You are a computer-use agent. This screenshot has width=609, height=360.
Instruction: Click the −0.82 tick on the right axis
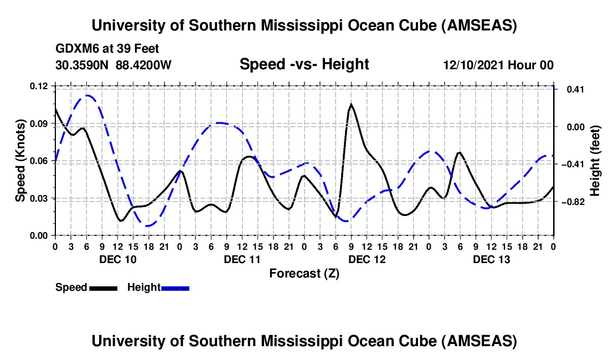click(x=572, y=202)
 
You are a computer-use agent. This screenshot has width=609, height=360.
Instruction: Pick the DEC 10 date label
click(x=116, y=259)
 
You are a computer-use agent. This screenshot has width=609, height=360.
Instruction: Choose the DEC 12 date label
click(x=366, y=259)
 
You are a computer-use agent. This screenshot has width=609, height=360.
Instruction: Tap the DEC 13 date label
click(x=491, y=259)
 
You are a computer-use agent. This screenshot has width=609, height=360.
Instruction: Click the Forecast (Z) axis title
click(x=304, y=273)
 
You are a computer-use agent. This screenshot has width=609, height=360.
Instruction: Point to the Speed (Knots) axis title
click(x=20, y=161)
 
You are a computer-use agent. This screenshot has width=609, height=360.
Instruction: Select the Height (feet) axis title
click(x=595, y=161)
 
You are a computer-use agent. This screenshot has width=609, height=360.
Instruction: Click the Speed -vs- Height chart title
click(x=304, y=64)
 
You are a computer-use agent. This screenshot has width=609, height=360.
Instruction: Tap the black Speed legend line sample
click(x=103, y=287)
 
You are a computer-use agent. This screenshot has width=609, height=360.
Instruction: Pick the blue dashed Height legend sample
click(x=176, y=287)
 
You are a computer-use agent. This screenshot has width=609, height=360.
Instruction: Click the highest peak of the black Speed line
click(x=351, y=104)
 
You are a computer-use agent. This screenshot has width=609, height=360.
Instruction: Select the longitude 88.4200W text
click(x=144, y=65)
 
